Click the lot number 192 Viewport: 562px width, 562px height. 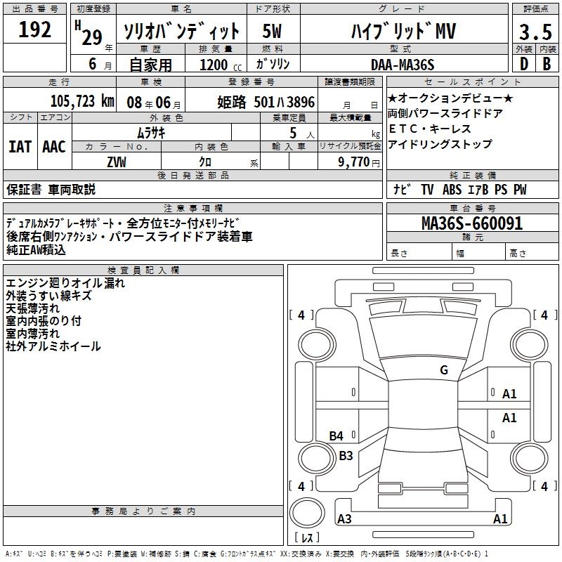[35, 30]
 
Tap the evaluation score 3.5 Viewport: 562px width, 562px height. [534, 32]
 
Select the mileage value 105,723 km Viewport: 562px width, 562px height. [82, 101]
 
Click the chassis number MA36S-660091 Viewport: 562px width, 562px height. [472, 223]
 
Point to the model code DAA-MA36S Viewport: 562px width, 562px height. [403, 65]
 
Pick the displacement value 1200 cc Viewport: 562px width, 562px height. [218, 65]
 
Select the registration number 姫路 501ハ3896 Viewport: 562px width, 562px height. [266, 102]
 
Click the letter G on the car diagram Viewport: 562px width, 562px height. [444, 370]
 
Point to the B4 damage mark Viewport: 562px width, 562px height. [336, 436]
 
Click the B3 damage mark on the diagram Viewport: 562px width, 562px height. [346, 455]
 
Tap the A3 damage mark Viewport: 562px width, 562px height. [344, 519]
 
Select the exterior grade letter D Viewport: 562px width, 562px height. [523, 65]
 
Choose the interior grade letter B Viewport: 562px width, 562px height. [547, 65]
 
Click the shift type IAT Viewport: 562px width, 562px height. [20, 146]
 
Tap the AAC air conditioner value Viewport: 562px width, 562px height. [54, 146]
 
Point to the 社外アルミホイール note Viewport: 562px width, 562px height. [53, 346]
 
